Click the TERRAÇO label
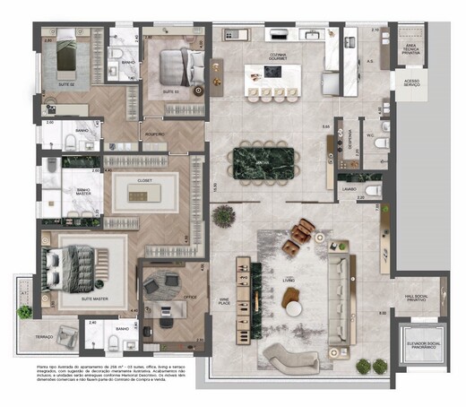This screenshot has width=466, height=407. [44, 336]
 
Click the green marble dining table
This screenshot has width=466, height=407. [270, 161]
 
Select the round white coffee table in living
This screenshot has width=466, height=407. [293, 307]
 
